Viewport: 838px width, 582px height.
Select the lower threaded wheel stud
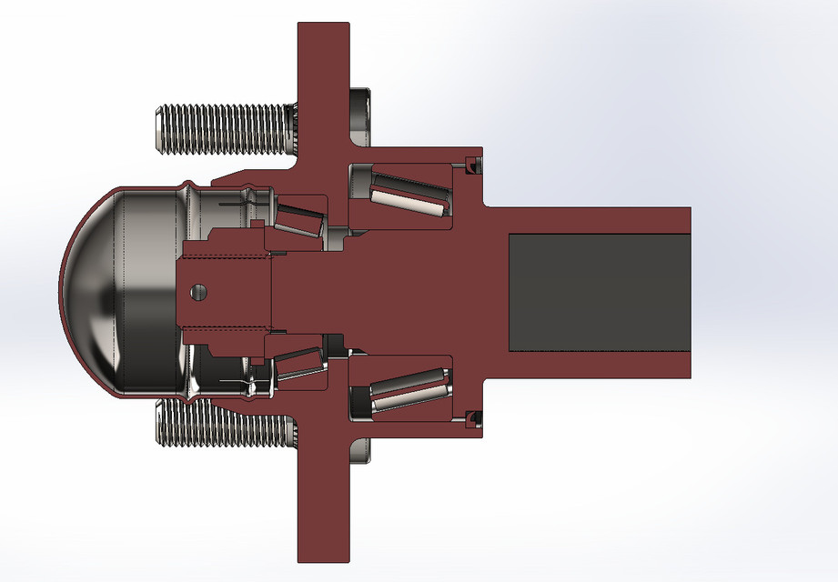(227, 425)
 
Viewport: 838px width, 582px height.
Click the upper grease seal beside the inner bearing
(471, 165)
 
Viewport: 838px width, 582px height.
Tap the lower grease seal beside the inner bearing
(471, 417)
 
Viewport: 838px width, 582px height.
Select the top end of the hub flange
(323, 36)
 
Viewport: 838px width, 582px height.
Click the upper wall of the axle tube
(591, 220)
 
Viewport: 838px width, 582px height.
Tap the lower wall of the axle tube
(591, 365)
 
